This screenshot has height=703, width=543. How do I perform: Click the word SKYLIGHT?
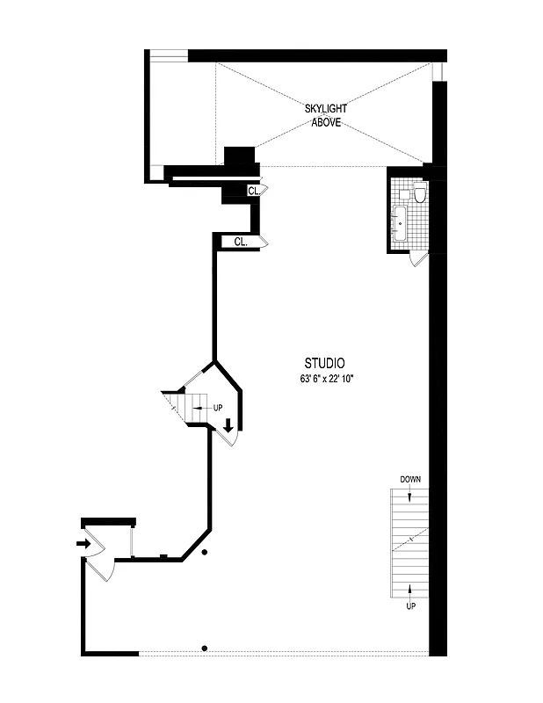(325, 108)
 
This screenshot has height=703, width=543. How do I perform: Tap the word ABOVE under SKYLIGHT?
(325, 122)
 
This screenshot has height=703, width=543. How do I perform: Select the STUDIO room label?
(324, 362)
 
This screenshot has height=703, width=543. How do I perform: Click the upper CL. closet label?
(253, 190)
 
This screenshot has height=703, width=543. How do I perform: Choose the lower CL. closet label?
(241, 241)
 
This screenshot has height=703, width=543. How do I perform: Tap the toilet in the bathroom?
(420, 193)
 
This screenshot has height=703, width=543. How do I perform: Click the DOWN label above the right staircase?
(410, 480)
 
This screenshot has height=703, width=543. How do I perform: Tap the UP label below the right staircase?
(410, 606)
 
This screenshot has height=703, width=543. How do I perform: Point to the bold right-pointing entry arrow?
(83, 543)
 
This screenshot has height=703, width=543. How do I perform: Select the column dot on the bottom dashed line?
(205, 649)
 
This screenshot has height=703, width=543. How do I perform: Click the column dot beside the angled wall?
(205, 552)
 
